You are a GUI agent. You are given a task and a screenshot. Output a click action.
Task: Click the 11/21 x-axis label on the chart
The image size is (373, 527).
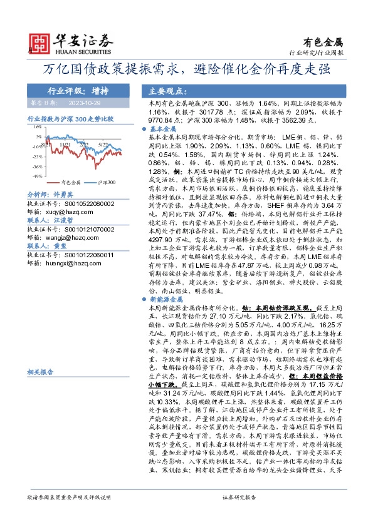point(65,143)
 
